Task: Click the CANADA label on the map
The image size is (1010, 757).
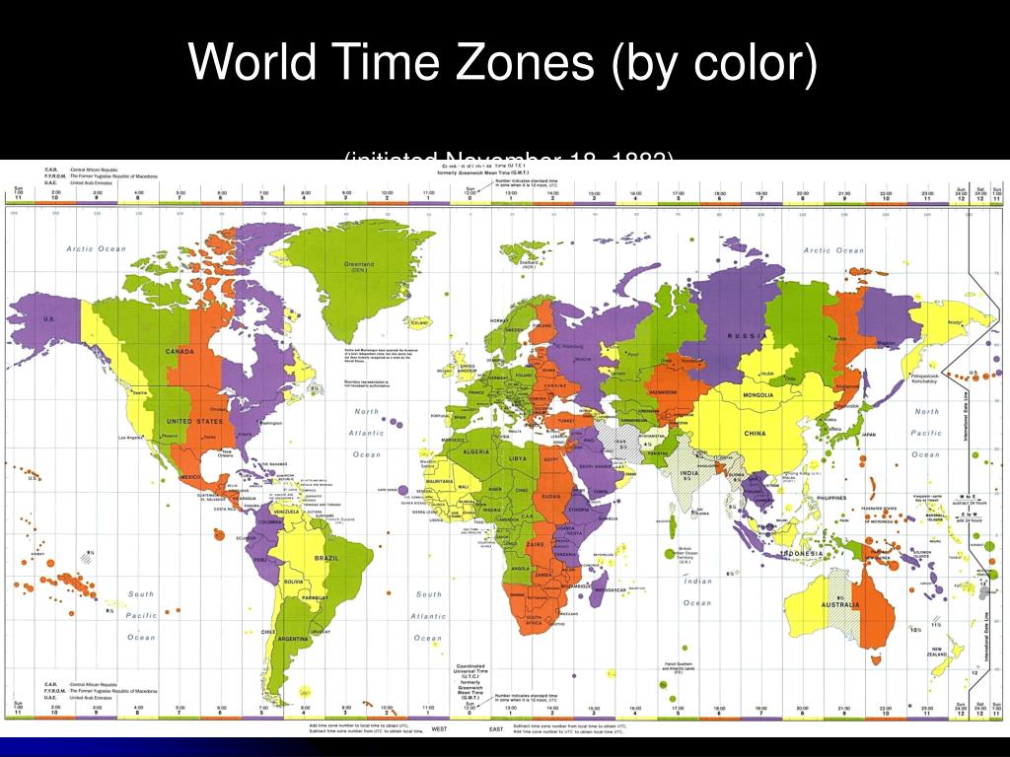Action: pyautogui.click(x=179, y=352)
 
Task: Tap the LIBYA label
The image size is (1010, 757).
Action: pyautogui.click(x=516, y=459)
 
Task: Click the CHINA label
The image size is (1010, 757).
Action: pyautogui.click(x=755, y=434)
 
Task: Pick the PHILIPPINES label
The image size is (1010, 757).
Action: pyautogui.click(x=831, y=498)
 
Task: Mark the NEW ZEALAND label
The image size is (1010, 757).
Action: pyautogui.click(x=953, y=652)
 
